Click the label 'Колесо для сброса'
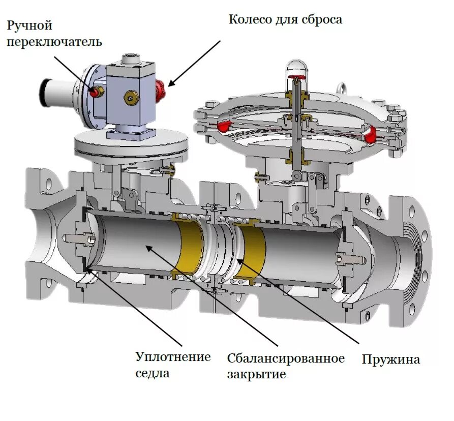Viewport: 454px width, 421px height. pyautogui.click(x=285, y=20)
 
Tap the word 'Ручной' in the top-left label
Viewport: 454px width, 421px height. pyautogui.click(x=29, y=25)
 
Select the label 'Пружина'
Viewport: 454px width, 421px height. pyautogui.click(x=390, y=359)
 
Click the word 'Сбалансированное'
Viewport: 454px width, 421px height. pyautogui.click(x=286, y=358)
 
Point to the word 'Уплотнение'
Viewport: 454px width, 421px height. pyautogui.click(x=173, y=356)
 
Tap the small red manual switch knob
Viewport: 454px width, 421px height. pyautogui.click(x=95, y=92)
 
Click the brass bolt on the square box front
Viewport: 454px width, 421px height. pyautogui.click(x=132, y=97)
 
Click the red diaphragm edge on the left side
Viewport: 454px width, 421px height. pyautogui.click(x=226, y=125)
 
